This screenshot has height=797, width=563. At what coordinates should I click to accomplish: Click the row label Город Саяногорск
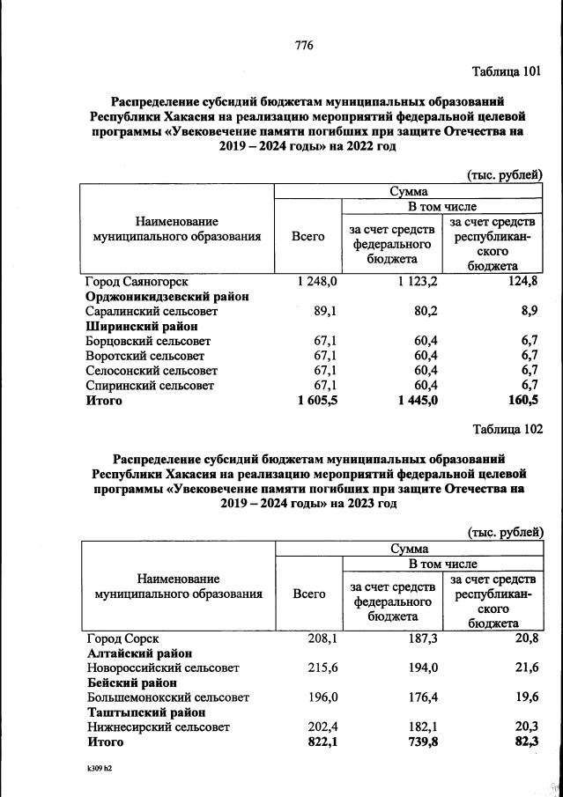(x=137, y=282)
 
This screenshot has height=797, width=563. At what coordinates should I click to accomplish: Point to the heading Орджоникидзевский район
(x=167, y=297)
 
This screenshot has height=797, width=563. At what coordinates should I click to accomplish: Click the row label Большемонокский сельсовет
(x=167, y=697)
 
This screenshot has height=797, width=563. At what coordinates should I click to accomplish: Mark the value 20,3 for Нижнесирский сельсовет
(x=525, y=727)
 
